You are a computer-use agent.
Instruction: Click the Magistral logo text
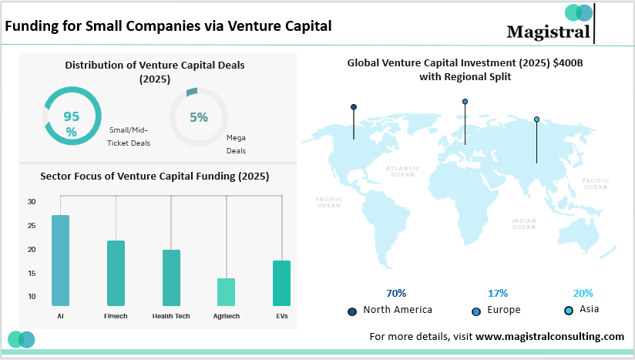[548, 31]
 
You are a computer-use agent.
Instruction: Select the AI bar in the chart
[60, 260]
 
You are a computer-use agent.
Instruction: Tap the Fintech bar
[116, 273]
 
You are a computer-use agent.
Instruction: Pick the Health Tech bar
[171, 278]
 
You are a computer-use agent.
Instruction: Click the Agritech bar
[226, 291]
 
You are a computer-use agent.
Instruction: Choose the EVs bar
[281, 283]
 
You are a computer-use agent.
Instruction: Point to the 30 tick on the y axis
[32, 202]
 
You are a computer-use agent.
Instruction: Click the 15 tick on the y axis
[32, 273]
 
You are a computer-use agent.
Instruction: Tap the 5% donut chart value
[199, 118]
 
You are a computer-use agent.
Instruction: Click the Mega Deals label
[236, 144]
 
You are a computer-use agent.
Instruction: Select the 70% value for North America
[396, 293]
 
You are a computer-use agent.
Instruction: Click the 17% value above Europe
[498, 293]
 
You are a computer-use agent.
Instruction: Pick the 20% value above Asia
[583, 293]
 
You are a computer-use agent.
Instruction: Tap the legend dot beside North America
[353, 311]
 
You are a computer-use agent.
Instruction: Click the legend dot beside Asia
[569, 310]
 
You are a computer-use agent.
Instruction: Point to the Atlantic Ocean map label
[402, 171]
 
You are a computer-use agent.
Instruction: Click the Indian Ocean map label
[524, 224]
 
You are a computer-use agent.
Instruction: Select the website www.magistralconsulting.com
[549, 336]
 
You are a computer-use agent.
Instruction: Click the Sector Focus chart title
[154, 176]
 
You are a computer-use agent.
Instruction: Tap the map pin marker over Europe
[465, 101]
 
